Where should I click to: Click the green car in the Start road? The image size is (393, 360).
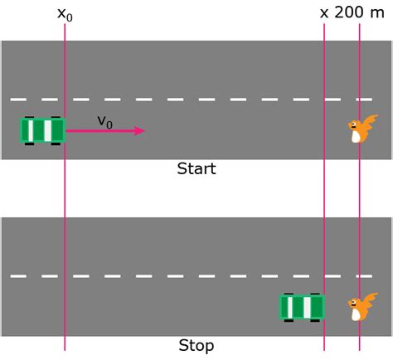(42, 131)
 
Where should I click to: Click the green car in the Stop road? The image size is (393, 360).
(302, 307)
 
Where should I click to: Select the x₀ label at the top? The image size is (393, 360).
(65, 14)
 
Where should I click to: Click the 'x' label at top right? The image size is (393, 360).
(324, 14)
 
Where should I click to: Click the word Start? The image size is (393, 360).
(196, 169)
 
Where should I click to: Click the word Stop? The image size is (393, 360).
(196, 346)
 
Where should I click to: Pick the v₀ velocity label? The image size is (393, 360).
(104, 121)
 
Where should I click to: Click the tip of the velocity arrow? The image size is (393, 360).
(143, 131)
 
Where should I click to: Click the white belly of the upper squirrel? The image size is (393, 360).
(357, 136)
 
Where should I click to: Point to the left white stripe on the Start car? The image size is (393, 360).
(32, 131)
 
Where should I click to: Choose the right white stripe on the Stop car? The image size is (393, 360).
(308, 307)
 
